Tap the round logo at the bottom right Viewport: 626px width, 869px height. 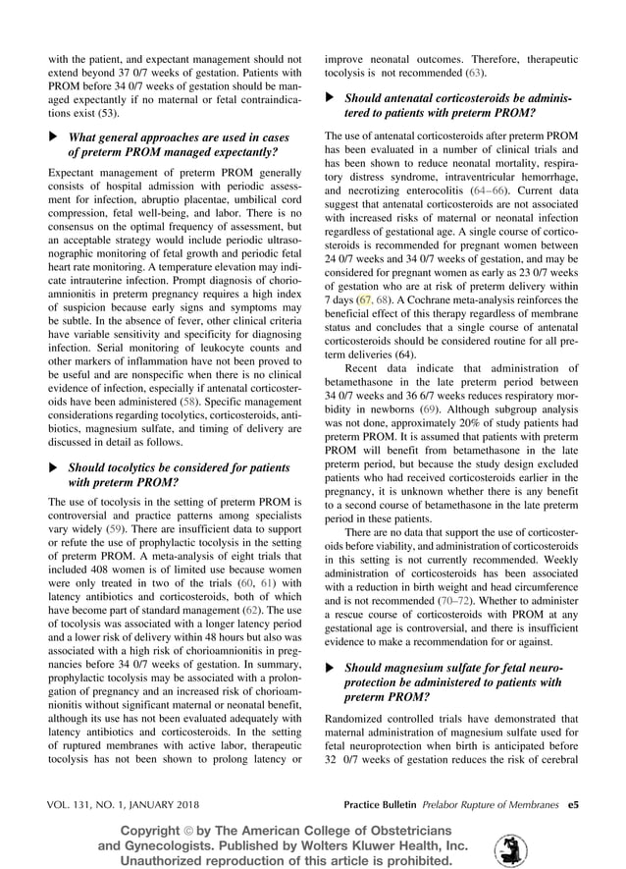coord(509,849)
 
